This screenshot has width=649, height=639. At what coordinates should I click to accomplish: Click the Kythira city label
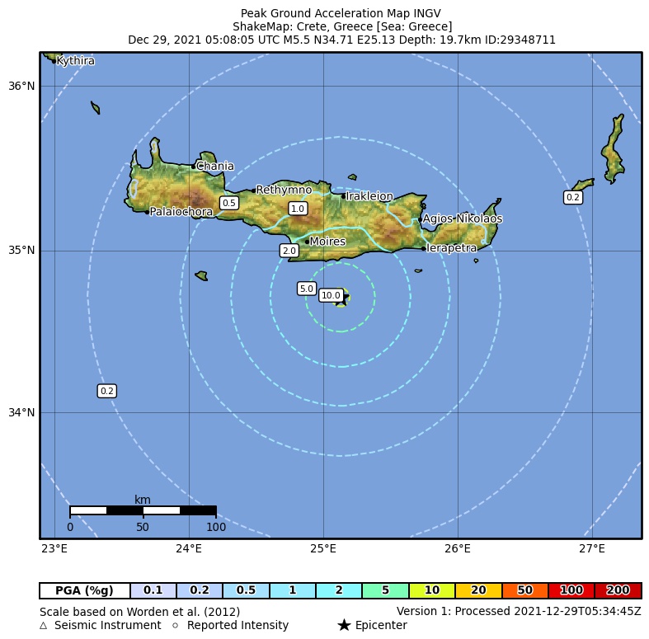[x=75, y=61]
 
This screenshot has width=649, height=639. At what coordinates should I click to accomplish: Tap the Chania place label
[x=214, y=167]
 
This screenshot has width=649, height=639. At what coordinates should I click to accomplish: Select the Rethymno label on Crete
[x=284, y=190]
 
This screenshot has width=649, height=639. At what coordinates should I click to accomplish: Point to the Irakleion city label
[x=369, y=196]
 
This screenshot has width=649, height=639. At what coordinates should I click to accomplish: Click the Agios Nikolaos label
[x=462, y=219]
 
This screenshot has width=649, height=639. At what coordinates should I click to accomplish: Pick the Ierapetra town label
[x=451, y=248]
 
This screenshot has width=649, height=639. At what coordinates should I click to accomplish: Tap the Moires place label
[x=327, y=242]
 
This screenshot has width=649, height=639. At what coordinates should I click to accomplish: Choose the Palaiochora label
[x=181, y=212]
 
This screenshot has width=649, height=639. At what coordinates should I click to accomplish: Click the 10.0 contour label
[x=331, y=295]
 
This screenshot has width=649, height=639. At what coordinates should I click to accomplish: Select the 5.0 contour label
[x=306, y=289]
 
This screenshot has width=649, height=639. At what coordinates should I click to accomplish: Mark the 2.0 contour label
[x=289, y=251]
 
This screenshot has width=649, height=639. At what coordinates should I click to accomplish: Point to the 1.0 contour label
[x=298, y=209]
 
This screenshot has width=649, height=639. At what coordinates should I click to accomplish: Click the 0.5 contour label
[x=229, y=203]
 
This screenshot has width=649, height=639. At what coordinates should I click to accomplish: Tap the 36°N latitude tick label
[x=22, y=86]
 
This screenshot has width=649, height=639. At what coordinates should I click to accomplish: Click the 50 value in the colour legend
[x=524, y=590]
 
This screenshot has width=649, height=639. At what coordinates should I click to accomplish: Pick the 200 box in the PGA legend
[x=618, y=590]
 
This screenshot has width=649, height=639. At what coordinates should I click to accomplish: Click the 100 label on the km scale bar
[x=216, y=527]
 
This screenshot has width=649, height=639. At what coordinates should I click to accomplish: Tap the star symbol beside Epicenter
[x=344, y=626]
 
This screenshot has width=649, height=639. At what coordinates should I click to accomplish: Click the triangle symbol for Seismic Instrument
[x=44, y=626]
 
